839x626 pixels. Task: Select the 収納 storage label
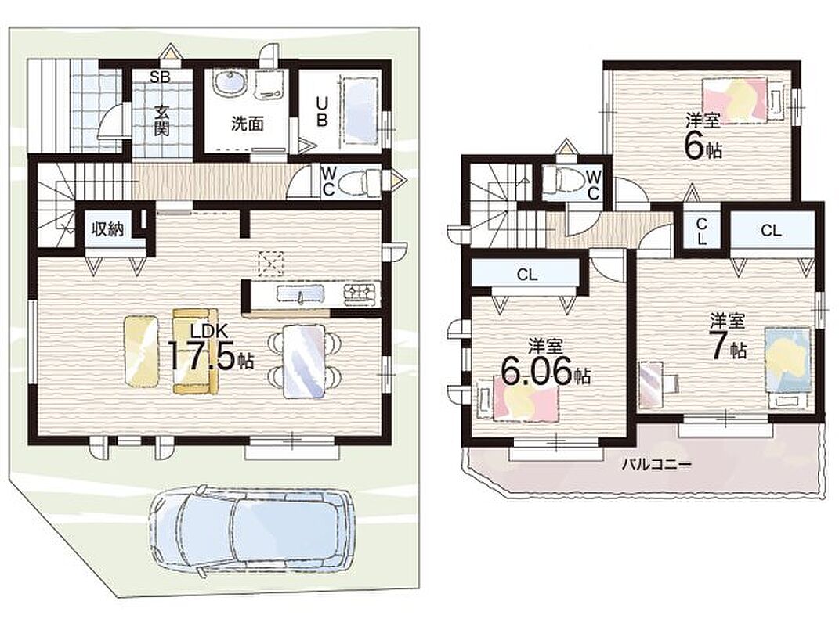[x=107, y=228]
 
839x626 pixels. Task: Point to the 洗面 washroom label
[x=248, y=124]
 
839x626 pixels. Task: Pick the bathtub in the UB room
[x=360, y=110]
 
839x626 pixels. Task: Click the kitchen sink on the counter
[x=300, y=293]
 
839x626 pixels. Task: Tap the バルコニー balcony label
[x=656, y=465]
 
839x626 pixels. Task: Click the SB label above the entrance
[x=160, y=77]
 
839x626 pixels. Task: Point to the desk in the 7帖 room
[x=653, y=384]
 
